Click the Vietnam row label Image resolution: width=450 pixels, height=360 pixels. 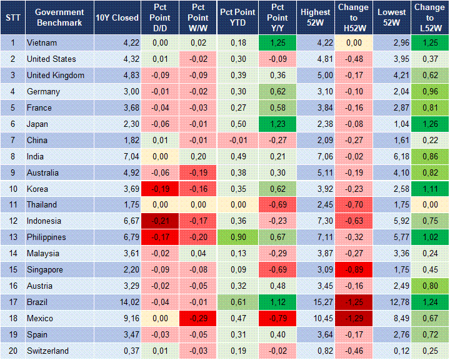[42, 43]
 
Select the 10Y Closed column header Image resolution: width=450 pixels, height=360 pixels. [117, 17]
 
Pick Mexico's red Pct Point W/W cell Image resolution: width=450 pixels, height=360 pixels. [197, 318]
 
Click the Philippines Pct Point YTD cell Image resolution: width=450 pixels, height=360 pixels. [238, 237]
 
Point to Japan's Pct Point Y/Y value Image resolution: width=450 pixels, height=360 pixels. [277, 124]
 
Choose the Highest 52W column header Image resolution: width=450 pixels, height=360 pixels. [315, 17]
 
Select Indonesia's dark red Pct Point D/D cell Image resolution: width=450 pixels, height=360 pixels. [159, 221]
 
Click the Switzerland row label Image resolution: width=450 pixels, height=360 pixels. [47, 351]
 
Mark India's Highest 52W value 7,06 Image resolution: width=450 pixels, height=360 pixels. [315, 156]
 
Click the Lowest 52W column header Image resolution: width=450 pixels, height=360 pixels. [392, 17]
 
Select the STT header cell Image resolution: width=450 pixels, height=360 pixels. [12, 17]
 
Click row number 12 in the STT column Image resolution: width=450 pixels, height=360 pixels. [12, 221]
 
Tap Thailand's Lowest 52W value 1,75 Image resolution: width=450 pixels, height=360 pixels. [392, 204]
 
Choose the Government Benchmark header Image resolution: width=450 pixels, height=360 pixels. [60, 17]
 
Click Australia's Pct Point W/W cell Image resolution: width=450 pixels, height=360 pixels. [197, 172]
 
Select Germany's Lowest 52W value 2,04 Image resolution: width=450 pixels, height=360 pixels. [392, 92]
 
